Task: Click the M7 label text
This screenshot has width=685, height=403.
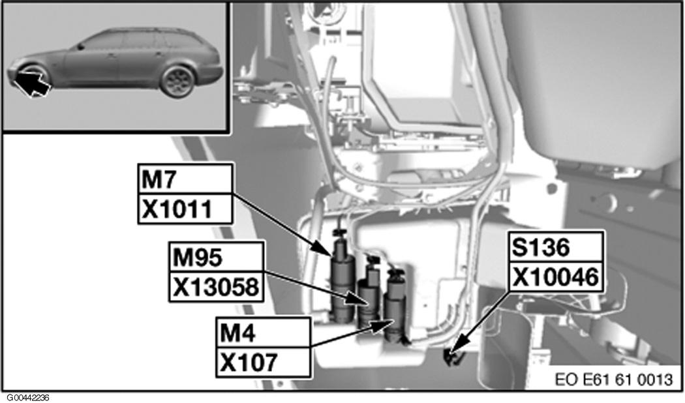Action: coord(158,179)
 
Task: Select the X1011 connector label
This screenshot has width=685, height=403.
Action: coord(177,209)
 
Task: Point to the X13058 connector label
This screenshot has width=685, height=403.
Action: coord(216,287)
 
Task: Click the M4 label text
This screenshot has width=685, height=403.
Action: coord(237,334)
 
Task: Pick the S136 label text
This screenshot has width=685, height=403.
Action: coord(541,248)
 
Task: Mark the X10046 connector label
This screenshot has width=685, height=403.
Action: coord(555,277)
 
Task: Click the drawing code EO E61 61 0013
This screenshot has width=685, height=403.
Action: coord(615,380)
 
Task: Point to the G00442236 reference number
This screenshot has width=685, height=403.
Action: coord(28,398)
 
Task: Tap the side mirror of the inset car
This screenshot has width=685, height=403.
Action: coord(81,46)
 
